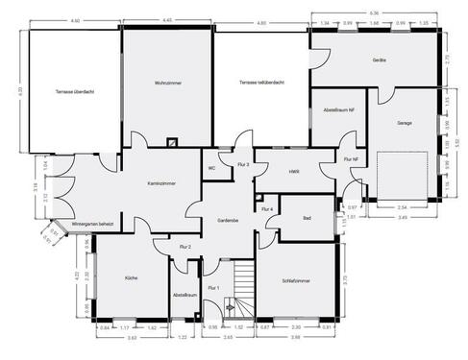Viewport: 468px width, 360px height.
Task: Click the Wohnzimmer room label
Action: click(167, 84)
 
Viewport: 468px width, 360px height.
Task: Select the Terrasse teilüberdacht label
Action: click(260, 84)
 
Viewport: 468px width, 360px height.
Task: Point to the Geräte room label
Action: click(379, 60)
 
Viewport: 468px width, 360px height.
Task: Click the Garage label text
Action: click(404, 123)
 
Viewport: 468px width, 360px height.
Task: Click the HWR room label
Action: click(293, 172)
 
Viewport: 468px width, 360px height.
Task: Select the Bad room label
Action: click(307, 219)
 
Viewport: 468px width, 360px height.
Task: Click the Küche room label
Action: click(131, 277)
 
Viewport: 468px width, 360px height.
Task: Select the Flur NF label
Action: click(350, 159)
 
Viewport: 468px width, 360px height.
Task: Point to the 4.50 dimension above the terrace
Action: click(75, 18)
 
